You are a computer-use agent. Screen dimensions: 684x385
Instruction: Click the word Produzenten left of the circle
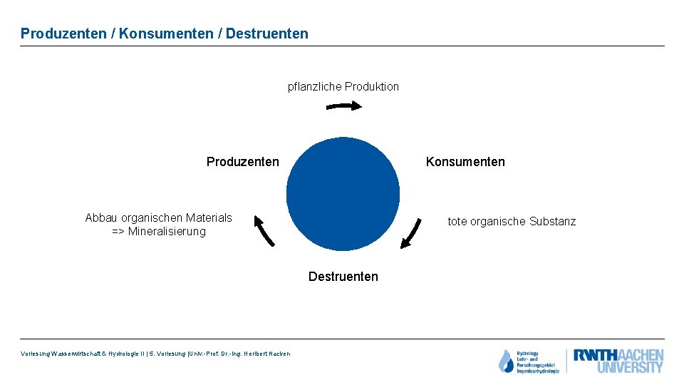[242, 162]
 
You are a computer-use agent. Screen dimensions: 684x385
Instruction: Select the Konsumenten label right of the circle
[465, 162]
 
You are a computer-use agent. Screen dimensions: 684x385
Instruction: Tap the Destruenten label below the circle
[343, 277]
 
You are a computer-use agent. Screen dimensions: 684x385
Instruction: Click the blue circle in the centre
[343, 194]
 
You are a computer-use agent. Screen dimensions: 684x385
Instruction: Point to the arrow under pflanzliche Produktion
[343, 106]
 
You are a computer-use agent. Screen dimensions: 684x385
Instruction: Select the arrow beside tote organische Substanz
[411, 233]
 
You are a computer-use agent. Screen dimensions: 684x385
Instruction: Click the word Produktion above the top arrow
[372, 87]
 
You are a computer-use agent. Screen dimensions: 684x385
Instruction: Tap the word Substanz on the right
[553, 222]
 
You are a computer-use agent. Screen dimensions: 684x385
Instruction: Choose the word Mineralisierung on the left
[167, 232]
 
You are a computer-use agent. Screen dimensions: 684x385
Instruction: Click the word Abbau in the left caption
[101, 218]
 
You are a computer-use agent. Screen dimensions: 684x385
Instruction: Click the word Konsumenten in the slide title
[169, 34]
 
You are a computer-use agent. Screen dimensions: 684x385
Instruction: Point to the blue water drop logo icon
[505, 361]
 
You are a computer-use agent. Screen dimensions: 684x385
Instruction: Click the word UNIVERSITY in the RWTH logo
[630, 368]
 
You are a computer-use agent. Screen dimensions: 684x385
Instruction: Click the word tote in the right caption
[458, 222]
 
